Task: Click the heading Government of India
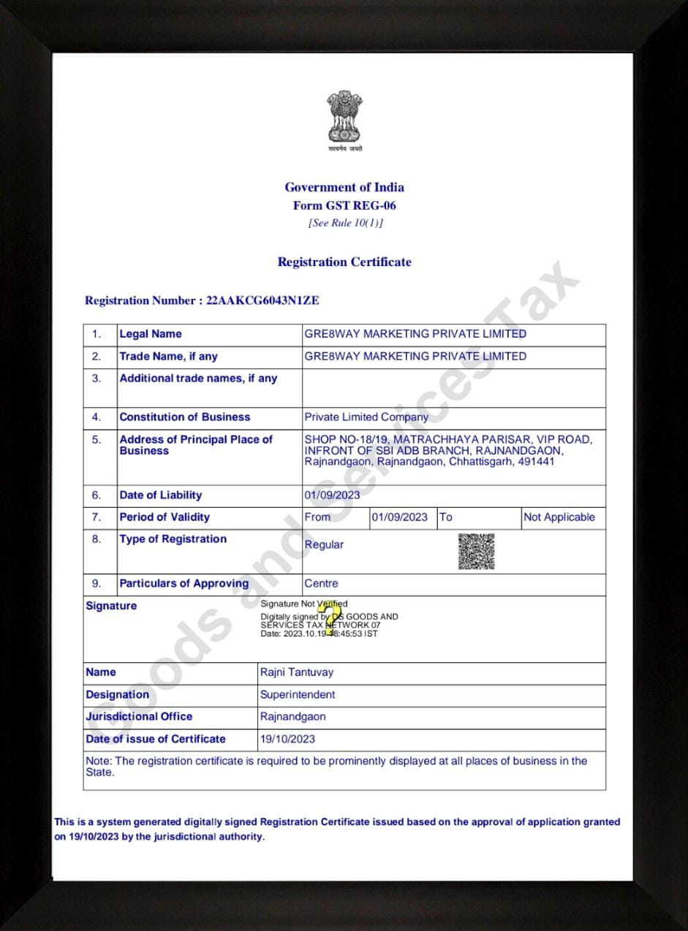pyautogui.click(x=344, y=187)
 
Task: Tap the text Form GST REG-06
pyautogui.click(x=344, y=206)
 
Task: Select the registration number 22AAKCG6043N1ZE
pyautogui.click(x=263, y=300)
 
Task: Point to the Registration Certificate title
pyautogui.click(x=344, y=262)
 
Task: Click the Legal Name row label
pyautogui.click(x=151, y=334)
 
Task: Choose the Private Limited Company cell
pyautogui.click(x=366, y=417)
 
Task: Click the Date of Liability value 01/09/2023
pyautogui.click(x=332, y=495)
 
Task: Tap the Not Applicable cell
pyautogui.click(x=559, y=517)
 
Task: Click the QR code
pyautogui.click(x=476, y=551)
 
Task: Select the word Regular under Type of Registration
pyautogui.click(x=324, y=545)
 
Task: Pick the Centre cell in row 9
pyautogui.click(x=321, y=584)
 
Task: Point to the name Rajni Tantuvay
pyautogui.click(x=296, y=672)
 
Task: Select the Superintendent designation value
pyautogui.click(x=298, y=695)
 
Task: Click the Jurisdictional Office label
pyautogui.click(x=139, y=717)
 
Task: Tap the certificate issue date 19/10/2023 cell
pyautogui.click(x=287, y=740)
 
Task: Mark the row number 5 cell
pyautogui.click(x=97, y=440)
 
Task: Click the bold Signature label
pyautogui.click(x=111, y=606)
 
